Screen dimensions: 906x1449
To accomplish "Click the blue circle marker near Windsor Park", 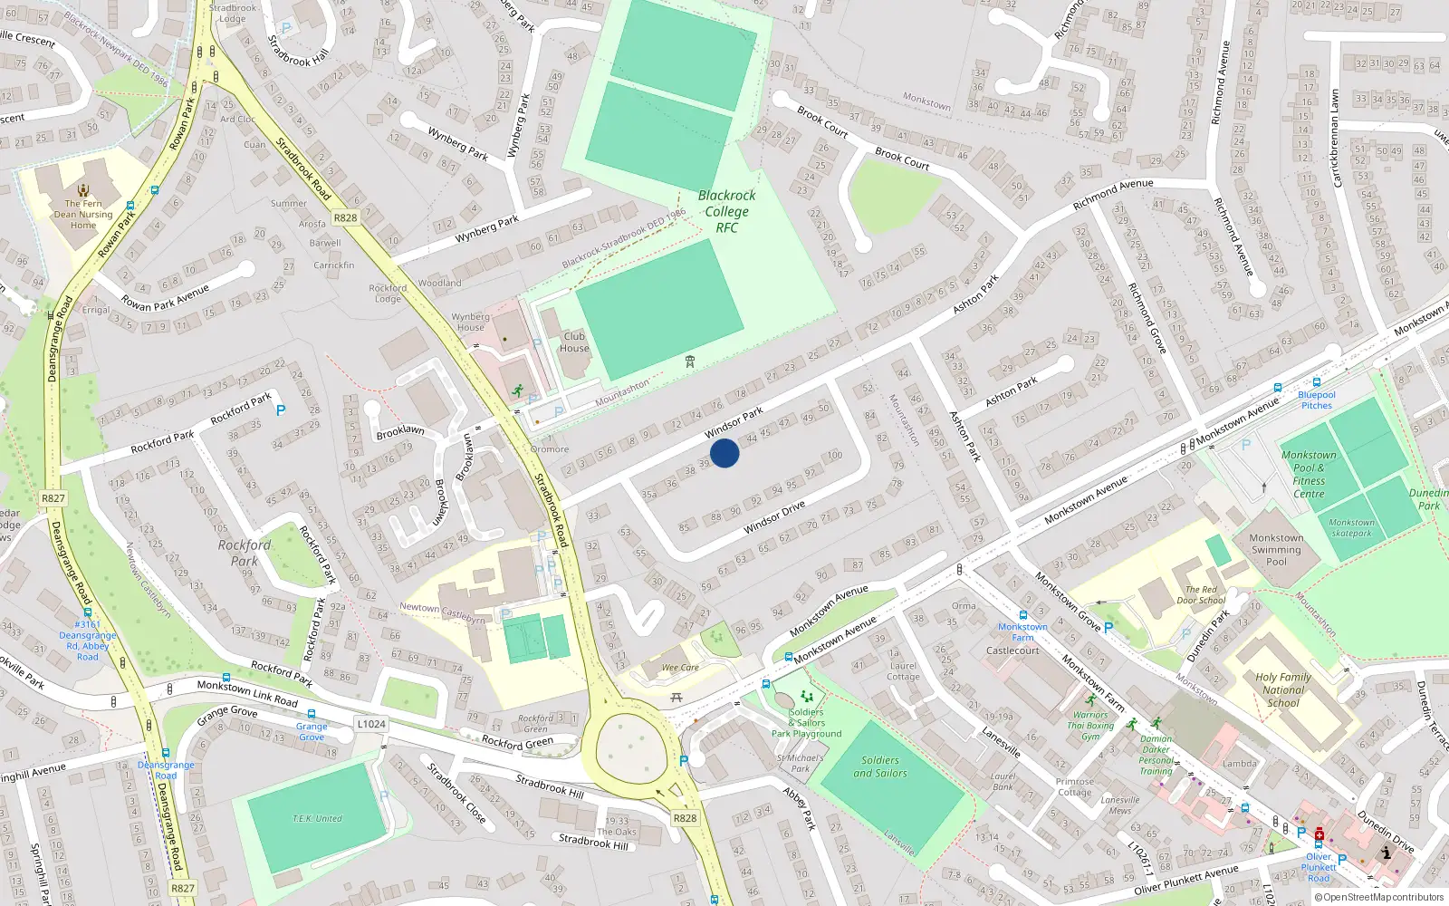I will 724,452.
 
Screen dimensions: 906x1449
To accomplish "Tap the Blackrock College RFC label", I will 726,211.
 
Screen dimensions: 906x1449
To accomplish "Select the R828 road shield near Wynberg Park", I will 345,217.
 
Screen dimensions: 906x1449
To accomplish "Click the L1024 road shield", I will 371,724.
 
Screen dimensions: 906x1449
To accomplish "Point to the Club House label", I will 574,342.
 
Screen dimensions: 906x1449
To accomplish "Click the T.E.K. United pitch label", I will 317,818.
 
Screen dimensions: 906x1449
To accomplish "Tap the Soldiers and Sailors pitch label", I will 879,766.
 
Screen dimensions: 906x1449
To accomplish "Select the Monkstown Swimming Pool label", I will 1276,549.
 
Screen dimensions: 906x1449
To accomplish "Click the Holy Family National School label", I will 1282,689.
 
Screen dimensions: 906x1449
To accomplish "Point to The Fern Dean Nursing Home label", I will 83,215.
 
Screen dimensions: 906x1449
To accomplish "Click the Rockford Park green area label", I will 244,553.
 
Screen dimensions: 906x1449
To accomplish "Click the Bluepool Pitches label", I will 1316,400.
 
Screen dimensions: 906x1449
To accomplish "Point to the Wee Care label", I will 680,668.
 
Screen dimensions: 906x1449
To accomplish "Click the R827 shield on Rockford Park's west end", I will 53,498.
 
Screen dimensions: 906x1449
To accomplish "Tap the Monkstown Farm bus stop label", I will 1022,631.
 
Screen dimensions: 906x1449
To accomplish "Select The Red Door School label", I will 1200,594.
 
